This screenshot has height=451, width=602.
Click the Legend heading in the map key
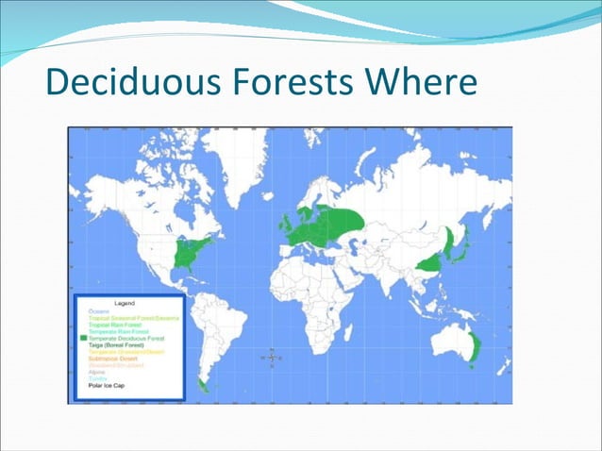[x=124, y=303]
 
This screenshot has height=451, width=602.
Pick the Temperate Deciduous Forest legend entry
[x=128, y=339]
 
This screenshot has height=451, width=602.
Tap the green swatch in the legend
[x=84, y=339]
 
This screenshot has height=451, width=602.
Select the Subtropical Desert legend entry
[x=116, y=359]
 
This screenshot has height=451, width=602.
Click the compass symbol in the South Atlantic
[x=273, y=358]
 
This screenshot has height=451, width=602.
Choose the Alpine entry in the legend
[x=96, y=373]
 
